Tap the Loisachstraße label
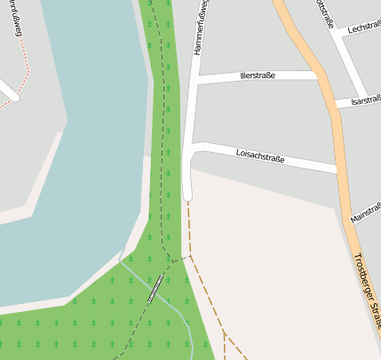pos(260,156)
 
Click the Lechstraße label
pos(364,28)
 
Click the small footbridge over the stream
pos(156,288)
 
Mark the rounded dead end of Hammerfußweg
pos(187,193)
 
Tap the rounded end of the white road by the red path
pos(13,96)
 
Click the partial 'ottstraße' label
pos(323,12)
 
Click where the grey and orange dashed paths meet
pos(187,256)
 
